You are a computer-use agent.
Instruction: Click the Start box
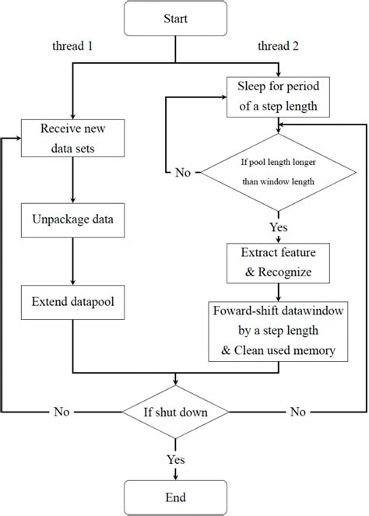[179, 18]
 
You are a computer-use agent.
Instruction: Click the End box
[180, 496]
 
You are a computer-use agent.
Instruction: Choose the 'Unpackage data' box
[72, 219]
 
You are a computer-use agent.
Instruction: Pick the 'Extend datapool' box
[72, 300]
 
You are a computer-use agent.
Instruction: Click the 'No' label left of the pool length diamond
[181, 172]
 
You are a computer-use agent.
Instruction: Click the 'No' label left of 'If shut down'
[62, 412]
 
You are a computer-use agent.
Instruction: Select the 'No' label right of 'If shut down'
[297, 412]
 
